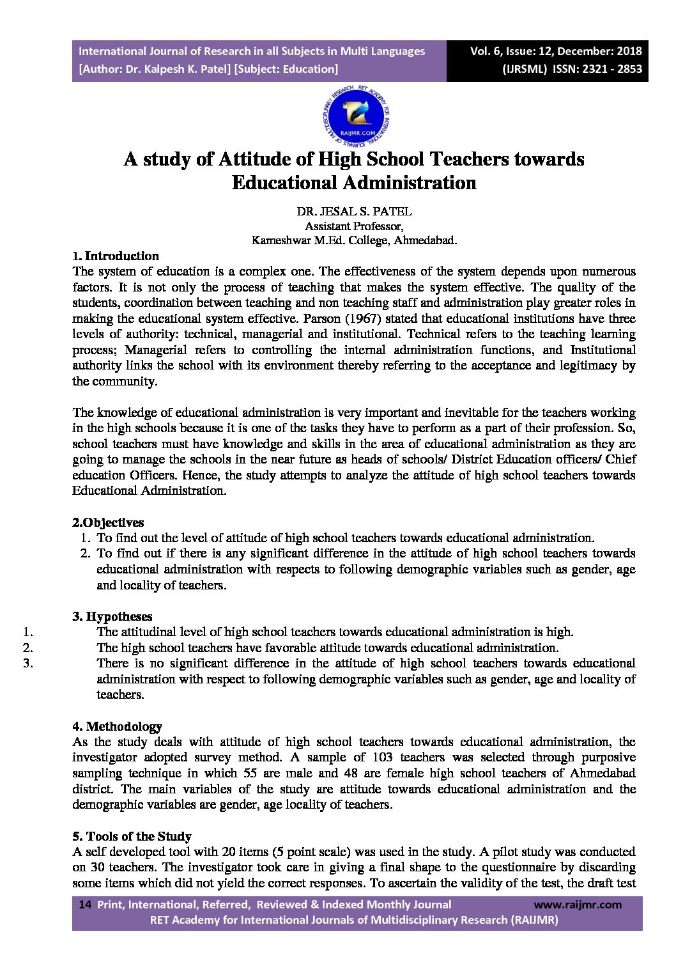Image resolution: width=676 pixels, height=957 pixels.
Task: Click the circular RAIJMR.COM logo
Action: (355, 115)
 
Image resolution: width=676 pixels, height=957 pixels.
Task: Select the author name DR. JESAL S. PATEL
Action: (354, 211)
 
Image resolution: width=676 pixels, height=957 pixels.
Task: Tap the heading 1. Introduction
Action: (116, 256)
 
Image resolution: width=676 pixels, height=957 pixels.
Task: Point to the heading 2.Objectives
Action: (108, 522)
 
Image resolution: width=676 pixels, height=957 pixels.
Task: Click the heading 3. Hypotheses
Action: (112, 616)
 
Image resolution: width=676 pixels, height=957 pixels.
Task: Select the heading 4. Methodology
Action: (117, 726)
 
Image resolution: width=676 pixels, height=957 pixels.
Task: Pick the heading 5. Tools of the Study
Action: (132, 836)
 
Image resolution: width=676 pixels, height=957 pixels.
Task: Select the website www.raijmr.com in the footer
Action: (577, 905)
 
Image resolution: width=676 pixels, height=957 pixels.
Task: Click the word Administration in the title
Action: (409, 183)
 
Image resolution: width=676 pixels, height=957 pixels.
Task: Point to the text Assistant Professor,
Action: (353, 226)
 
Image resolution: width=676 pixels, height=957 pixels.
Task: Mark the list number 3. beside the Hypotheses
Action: (27, 663)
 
